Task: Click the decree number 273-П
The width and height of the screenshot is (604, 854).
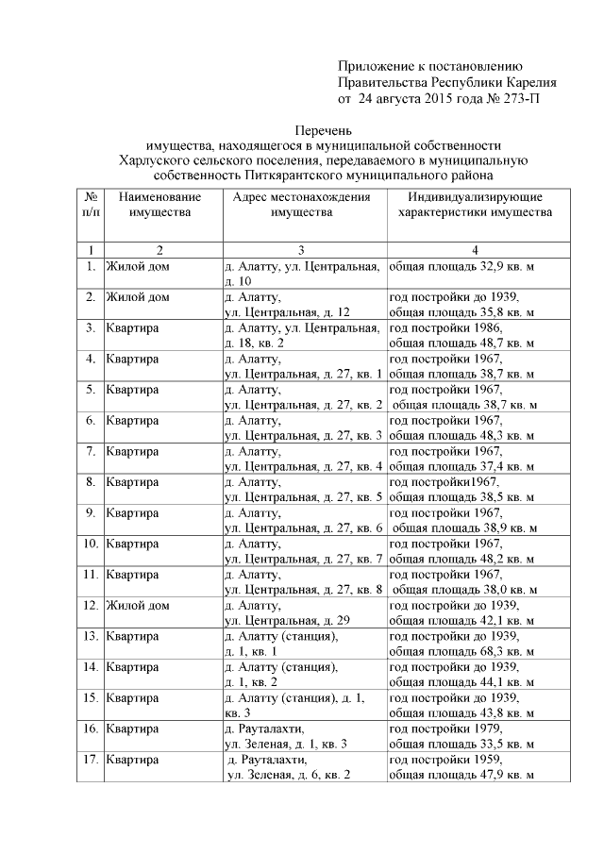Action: [517, 97]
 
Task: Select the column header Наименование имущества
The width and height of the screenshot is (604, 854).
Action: [159, 205]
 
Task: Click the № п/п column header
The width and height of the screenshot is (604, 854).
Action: [91, 205]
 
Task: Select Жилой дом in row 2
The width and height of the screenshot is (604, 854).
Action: [138, 297]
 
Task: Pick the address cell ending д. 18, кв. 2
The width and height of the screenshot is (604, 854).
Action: [302, 335]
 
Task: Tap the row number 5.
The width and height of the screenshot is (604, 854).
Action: [91, 389]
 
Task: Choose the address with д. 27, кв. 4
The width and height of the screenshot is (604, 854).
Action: [302, 459]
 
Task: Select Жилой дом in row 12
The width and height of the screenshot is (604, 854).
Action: [138, 605]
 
